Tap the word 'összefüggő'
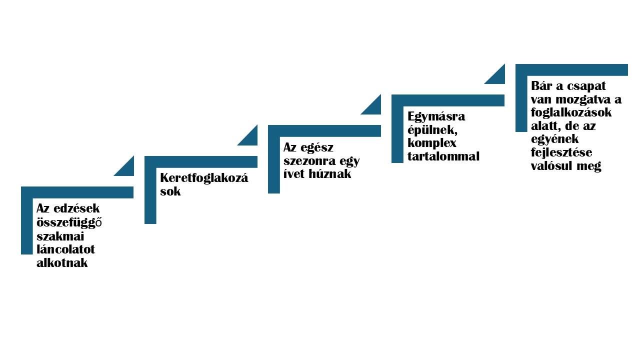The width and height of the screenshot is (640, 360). (69, 222)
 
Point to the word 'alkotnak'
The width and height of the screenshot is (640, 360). (62, 263)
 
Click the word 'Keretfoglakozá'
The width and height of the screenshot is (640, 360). (204, 178)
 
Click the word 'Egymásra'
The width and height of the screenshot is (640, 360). (436, 116)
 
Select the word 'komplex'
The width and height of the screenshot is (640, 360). (432, 143)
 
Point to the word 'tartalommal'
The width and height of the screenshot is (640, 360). (443, 156)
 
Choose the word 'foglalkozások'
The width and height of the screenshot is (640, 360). (571, 113)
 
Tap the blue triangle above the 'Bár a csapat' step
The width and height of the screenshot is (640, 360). (497, 77)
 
